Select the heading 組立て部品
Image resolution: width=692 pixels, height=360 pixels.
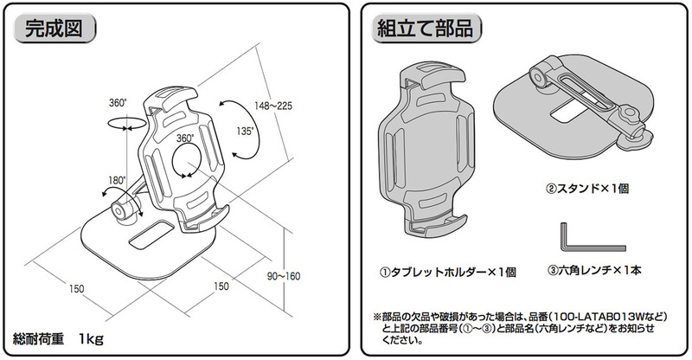pos(424,29)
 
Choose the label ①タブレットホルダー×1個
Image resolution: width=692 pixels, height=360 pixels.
pos(448,272)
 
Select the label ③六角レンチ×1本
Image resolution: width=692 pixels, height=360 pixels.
pos(597,271)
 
